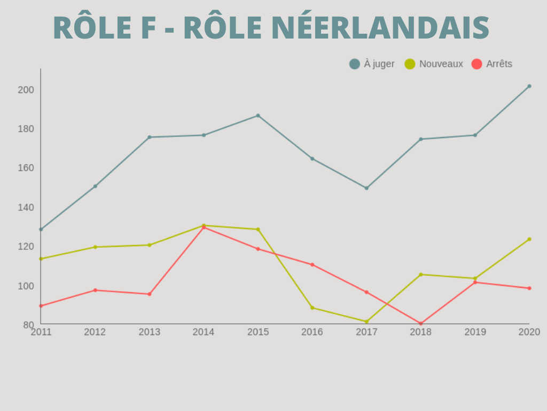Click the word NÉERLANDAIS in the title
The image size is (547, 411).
click(380, 28)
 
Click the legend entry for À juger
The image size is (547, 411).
click(372, 64)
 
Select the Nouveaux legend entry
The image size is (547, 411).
click(434, 64)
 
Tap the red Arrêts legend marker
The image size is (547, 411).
click(476, 64)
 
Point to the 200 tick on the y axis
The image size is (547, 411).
click(26, 90)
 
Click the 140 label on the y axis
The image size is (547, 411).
click(26, 208)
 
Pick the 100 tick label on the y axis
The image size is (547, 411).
click(26, 286)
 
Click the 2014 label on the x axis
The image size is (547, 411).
click(204, 332)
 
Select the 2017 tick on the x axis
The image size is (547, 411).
click(366, 332)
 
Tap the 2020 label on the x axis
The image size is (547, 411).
click(529, 332)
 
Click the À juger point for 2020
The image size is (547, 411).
click(529, 86)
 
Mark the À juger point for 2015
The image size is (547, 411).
click(258, 116)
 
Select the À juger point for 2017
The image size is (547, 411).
click(366, 188)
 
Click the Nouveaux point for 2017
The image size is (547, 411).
click(366, 322)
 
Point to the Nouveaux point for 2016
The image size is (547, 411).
click(312, 308)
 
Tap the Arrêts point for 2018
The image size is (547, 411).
click(421, 324)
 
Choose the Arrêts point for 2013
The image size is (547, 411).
click(150, 294)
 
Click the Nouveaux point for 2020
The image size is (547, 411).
click(529, 239)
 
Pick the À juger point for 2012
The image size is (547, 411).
click(95, 186)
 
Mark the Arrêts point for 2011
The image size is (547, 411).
click(41, 306)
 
